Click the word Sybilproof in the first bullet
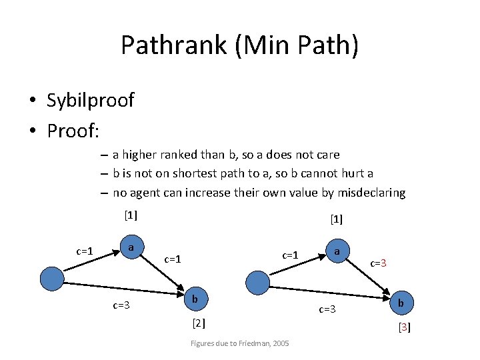[x=90, y=101]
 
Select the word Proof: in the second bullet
[x=73, y=131]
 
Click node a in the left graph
[x=131, y=248]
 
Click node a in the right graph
[x=337, y=252]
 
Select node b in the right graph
[x=401, y=303]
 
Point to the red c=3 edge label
[x=379, y=263]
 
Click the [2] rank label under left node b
[x=198, y=324]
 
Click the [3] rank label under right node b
[x=404, y=327]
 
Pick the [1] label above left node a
[x=131, y=215]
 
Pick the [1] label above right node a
[x=336, y=219]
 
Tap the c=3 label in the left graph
[x=121, y=305]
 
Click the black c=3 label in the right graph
[x=327, y=309]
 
